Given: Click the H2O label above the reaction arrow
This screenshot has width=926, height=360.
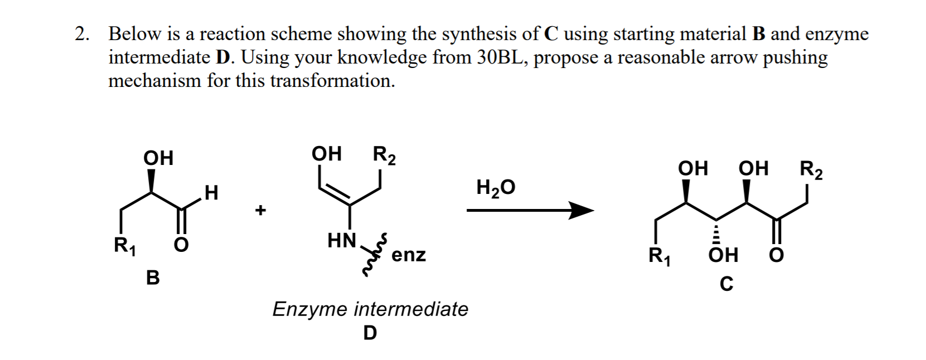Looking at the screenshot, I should (496, 188).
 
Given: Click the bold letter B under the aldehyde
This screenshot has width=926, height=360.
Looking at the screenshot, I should (152, 277).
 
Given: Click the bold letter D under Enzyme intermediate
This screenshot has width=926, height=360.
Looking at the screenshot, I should (370, 333).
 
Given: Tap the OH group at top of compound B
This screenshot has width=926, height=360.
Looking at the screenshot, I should (158, 158).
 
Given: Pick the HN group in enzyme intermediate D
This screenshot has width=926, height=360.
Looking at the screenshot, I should (342, 241).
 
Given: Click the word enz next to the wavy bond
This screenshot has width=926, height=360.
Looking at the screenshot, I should (409, 255).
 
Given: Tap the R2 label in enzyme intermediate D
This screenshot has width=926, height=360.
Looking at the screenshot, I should (384, 154).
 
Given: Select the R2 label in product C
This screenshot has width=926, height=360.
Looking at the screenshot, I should (811, 169).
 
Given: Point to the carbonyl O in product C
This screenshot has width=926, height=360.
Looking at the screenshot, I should (777, 256).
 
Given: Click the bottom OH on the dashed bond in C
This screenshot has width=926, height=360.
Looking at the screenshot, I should (723, 256).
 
